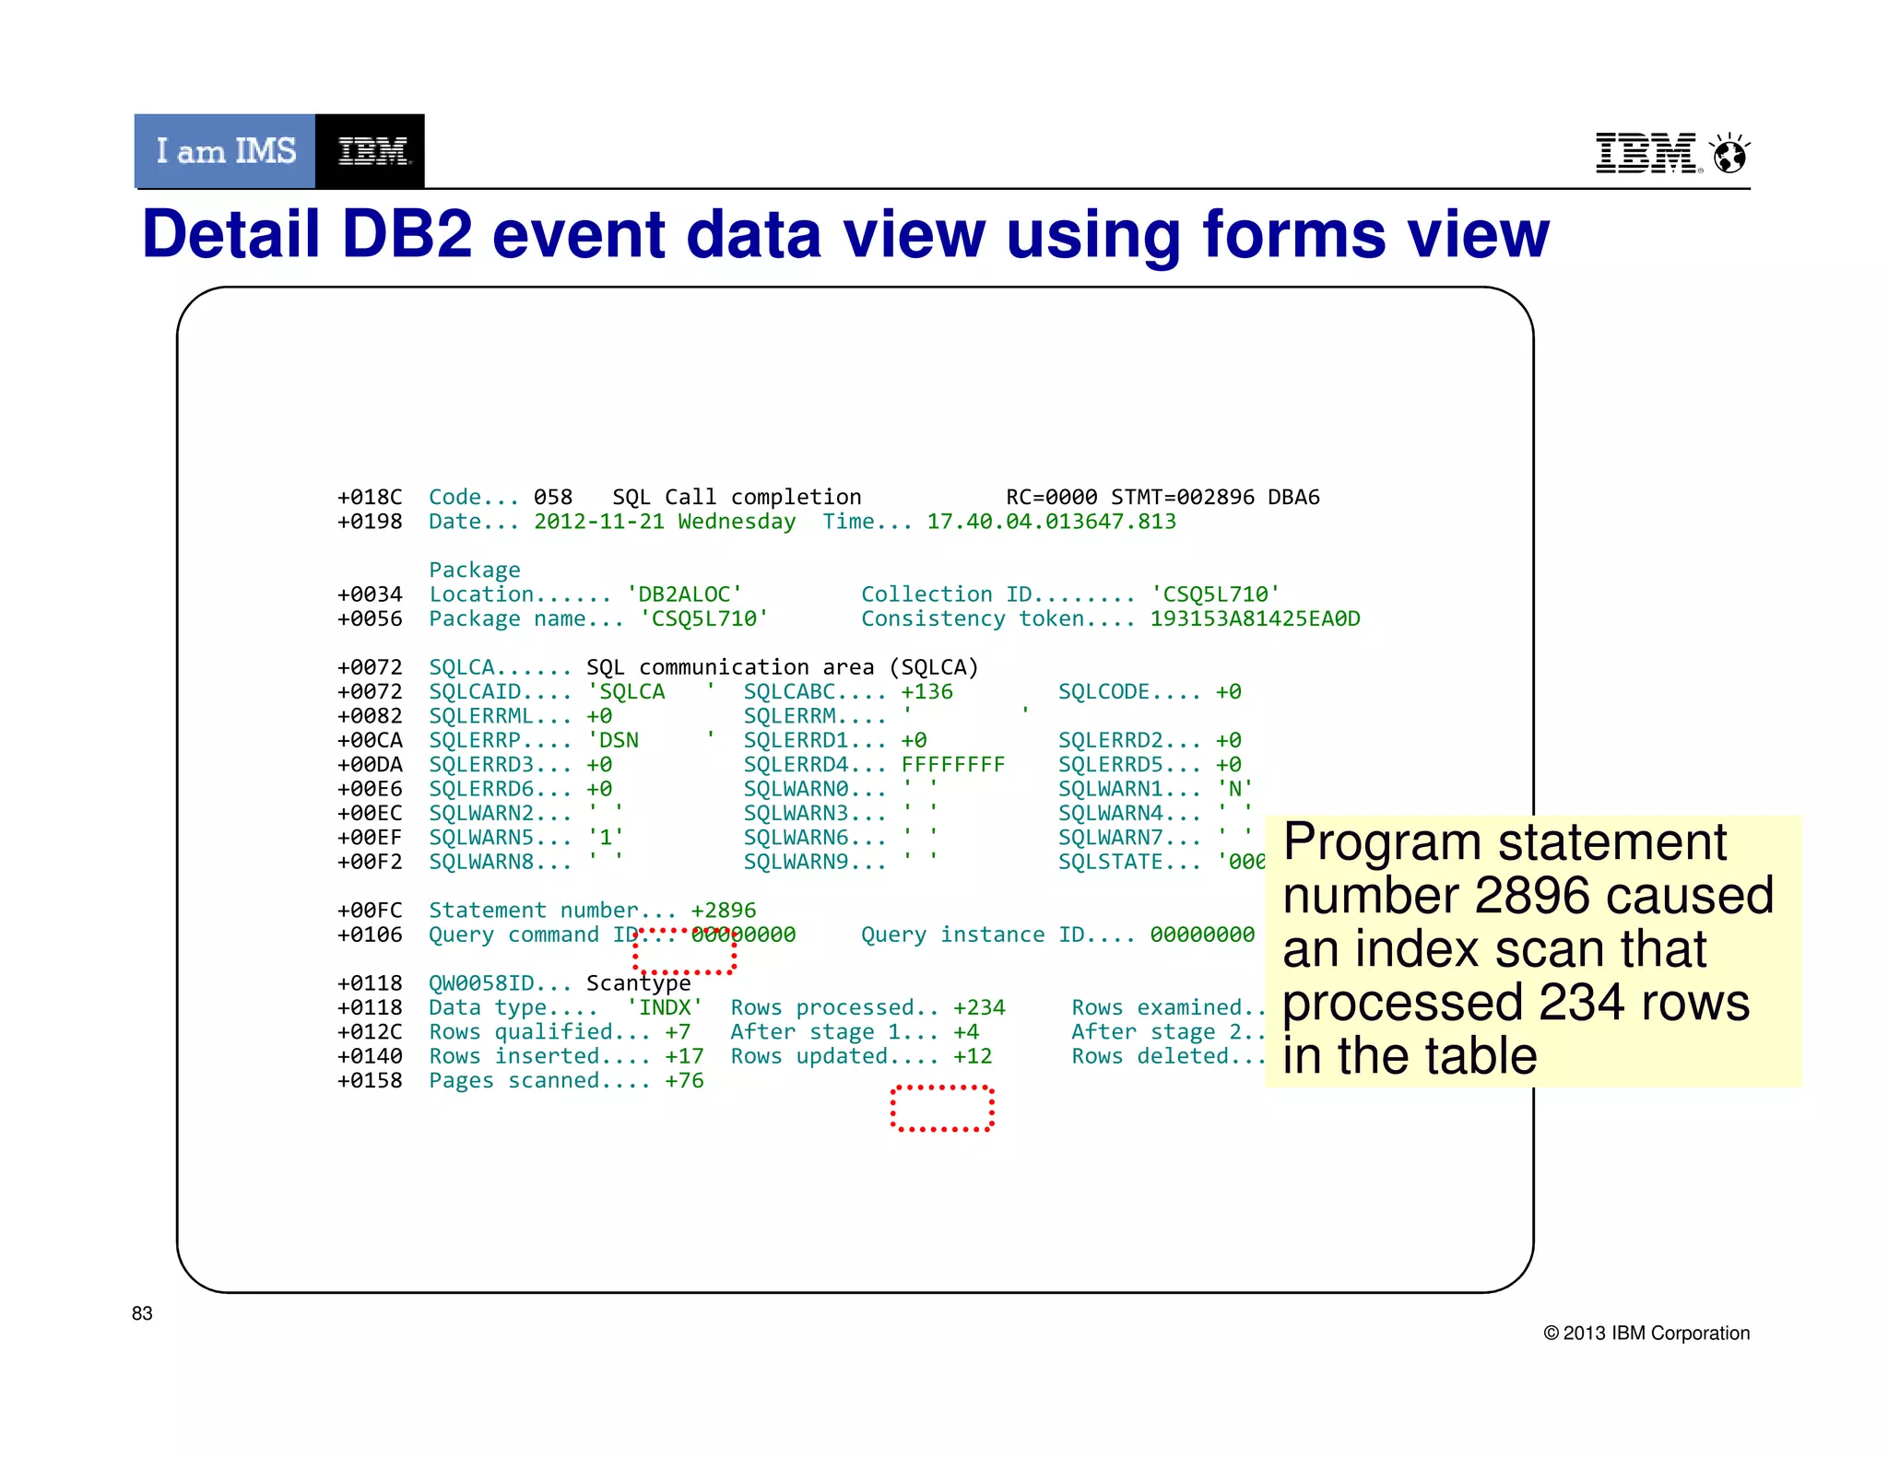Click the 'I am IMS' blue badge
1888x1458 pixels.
tap(225, 151)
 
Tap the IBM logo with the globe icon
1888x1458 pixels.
tap(1671, 153)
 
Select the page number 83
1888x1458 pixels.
tap(142, 1313)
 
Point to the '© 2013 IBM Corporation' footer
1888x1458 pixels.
tap(1646, 1333)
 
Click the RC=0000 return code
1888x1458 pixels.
tap(1051, 498)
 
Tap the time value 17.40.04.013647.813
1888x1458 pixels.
tap(1051, 522)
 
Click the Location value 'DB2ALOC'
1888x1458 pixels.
tap(684, 594)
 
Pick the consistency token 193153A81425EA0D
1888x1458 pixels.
tap(1255, 618)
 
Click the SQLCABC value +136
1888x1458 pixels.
tap(926, 692)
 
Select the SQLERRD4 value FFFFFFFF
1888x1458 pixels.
tap(952, 765)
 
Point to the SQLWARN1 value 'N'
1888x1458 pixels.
tap(1234, 789)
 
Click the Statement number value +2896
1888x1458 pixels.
tap(724, 911)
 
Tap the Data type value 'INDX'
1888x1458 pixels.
tap(665, 1007)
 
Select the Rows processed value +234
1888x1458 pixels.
tap(979, 1007)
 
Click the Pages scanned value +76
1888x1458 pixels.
tap(684, 1080)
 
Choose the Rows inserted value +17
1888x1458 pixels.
tap(684, 1056)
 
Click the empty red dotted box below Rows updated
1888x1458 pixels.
tap(941, 1109)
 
